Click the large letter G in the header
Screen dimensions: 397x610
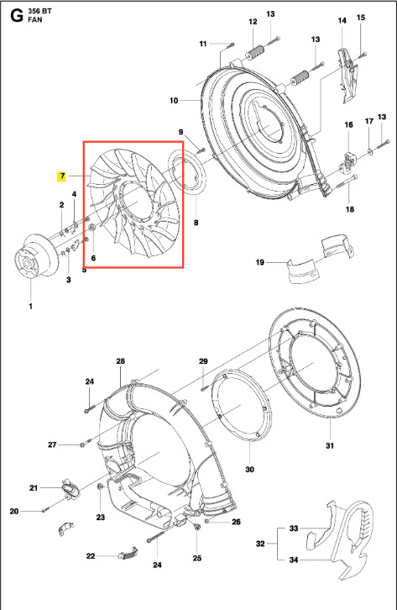point(17,16)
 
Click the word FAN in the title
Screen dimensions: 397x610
point(35,19)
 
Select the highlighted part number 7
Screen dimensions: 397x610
point(62,176)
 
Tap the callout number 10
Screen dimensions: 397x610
point(174,101)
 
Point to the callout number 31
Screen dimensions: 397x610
point(329,446)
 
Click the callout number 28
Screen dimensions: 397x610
point(121,361)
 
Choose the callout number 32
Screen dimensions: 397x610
point(261,544)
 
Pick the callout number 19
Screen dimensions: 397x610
point(260,263)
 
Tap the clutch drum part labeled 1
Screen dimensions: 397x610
point(34,256)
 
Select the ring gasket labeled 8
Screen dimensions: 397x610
point(188,172)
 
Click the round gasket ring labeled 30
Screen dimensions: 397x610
point(241,405)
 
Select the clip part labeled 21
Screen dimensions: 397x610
point(69,490)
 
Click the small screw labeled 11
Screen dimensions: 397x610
point(229,45)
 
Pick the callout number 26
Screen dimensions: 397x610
point(236,522)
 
